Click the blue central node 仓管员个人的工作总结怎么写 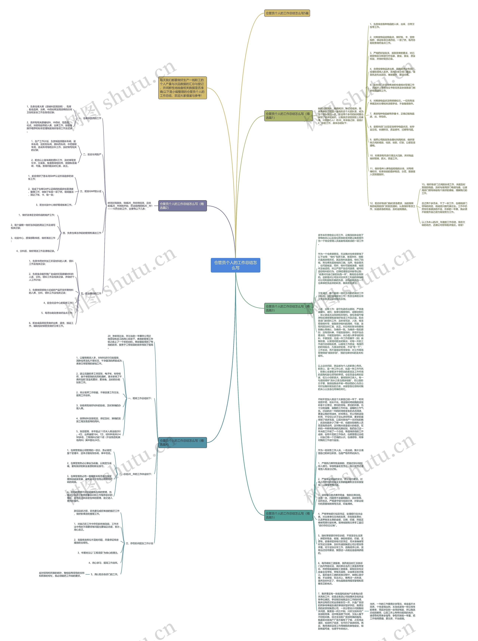(x=235, y=265)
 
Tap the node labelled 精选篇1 (x=288, y=116)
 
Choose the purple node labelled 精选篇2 (x=182, y=206)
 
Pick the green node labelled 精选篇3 (x=288, y=308)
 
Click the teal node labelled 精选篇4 (x=182, y=442)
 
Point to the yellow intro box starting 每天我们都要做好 (x=182, y=88)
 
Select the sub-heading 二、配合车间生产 (x=92, y=154)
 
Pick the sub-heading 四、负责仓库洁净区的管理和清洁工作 (x=82, y=233)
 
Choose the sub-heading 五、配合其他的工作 (x=91, y=294)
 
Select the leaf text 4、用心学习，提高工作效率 (x=103, y=563)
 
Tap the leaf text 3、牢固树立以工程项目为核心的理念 (x=98, y=553)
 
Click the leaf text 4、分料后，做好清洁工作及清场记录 (x=35, y=251)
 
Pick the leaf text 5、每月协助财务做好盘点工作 (x=57, y=313)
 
